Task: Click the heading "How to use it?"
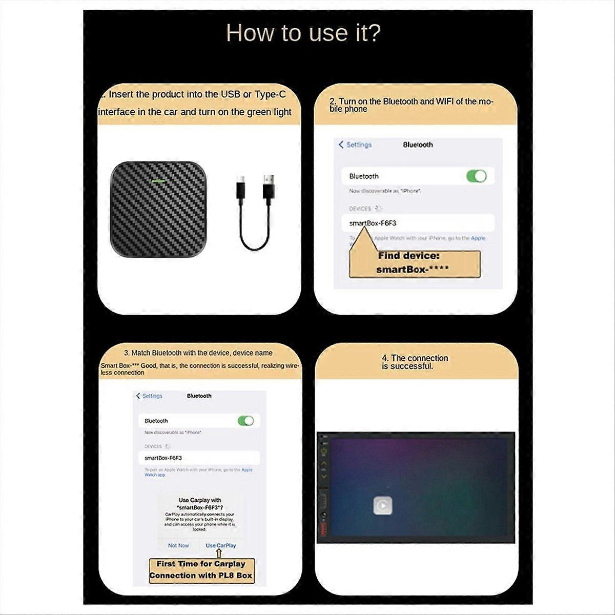(x=303, y=33)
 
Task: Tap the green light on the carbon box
(x=158, y=180)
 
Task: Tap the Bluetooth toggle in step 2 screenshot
(x=476, y=176)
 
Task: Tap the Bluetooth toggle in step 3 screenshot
(x=245, y=421)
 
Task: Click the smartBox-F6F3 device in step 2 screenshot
(x=373, y=223)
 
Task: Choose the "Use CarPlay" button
(x=221, y=545)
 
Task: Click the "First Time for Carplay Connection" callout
(x=201, y=570)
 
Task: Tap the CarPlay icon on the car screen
(x=382, y=506)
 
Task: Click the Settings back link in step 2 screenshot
(x=355, y=145)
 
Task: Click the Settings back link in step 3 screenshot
(x=149, y=396)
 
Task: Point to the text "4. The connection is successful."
(x=415, y=362)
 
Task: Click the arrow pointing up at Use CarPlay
(x=219, y=553)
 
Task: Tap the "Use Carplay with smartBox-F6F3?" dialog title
(x=200, y=503)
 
